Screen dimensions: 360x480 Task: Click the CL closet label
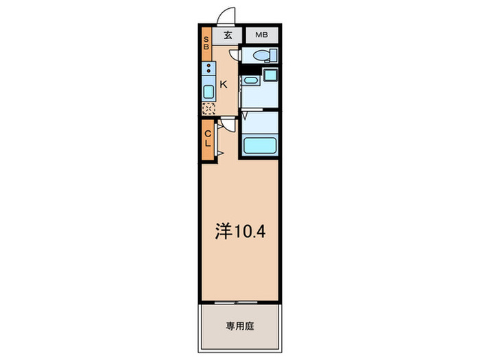pos(207,139)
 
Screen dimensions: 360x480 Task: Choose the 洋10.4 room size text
pos(241,231)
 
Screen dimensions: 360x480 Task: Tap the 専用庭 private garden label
pos(240,328)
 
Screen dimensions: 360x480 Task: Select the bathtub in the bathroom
pos(260,145)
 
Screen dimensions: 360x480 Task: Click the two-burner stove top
pos(207,69)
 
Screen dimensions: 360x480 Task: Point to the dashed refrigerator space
pos(207,107)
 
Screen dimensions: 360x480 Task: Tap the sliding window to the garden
pos(240,301)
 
